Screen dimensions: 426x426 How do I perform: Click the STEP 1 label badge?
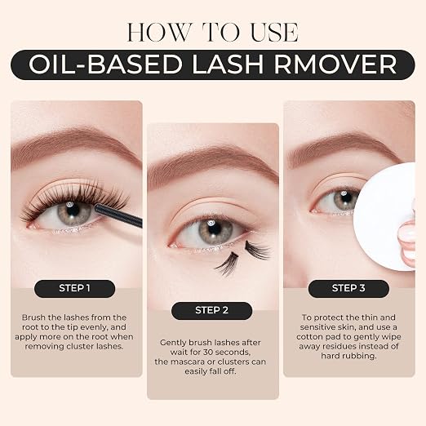pos(74,288)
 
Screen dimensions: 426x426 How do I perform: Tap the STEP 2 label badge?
pos(211,310)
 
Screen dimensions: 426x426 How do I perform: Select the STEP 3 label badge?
pos(348,288)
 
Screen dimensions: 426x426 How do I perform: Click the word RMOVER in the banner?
pos(335,64)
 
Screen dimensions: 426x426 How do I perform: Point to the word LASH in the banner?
pos(228,64)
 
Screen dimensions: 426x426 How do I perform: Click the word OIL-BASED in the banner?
pos(105,64)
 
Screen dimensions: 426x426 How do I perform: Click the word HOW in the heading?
pos(159,32)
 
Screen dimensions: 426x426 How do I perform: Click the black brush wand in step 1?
pos(118,215)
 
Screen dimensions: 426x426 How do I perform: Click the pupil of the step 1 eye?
pos(71,211)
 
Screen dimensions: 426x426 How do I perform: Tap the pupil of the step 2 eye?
pos(214,229)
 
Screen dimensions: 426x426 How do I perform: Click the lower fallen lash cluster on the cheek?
pos(227,264)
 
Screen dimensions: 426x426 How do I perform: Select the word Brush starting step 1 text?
pos(33,317)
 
